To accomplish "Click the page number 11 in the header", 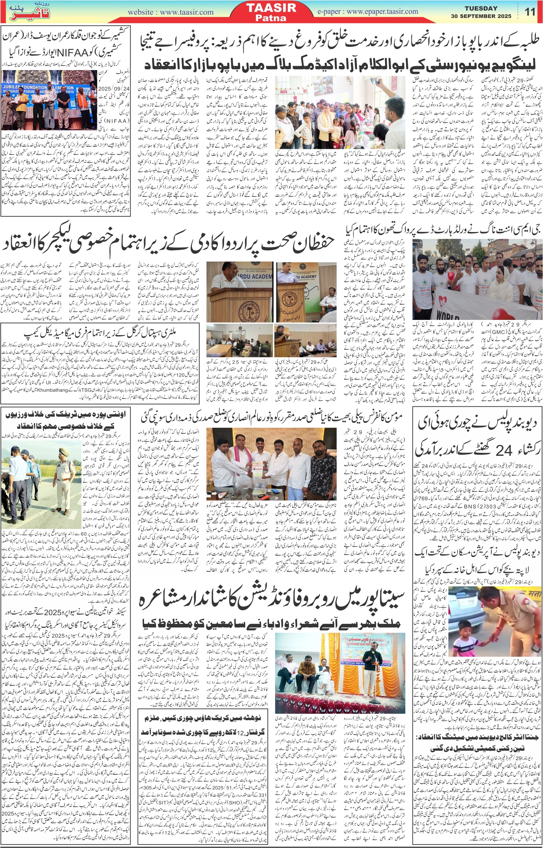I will [x=530, y=12].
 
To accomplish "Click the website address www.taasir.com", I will [x=170, y=12].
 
